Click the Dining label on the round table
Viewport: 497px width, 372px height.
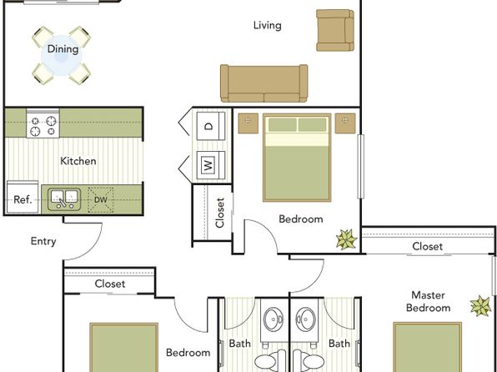tap(63, 49)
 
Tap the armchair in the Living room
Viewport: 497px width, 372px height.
tap(335, 30)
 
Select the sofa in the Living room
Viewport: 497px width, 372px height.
tap(264, 83)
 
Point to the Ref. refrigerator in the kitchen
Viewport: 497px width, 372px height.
tap(23, 197)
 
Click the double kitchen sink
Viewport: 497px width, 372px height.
tap(64, 199)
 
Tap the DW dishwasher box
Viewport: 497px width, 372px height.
tap(100, 200)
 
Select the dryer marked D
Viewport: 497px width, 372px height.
tap(210, 126)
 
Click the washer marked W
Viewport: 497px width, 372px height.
tap(210, 165)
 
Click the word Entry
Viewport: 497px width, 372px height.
tap(43, 241)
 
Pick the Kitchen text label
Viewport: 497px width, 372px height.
tap(78, 161)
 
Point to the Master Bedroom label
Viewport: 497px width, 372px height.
tap(429, 301)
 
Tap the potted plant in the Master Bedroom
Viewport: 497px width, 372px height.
tap(480, 306)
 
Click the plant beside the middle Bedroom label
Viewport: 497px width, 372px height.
tap(346, 239)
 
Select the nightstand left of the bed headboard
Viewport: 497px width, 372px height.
tap(248, 123)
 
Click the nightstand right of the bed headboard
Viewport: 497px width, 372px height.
tap(345, 123)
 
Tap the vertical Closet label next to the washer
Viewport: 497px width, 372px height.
tap(219, 213)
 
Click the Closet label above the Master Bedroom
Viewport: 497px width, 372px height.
tap(427, 246)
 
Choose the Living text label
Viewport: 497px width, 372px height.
tap(267, 25)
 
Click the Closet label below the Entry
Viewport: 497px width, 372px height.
tap(110, 284)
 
